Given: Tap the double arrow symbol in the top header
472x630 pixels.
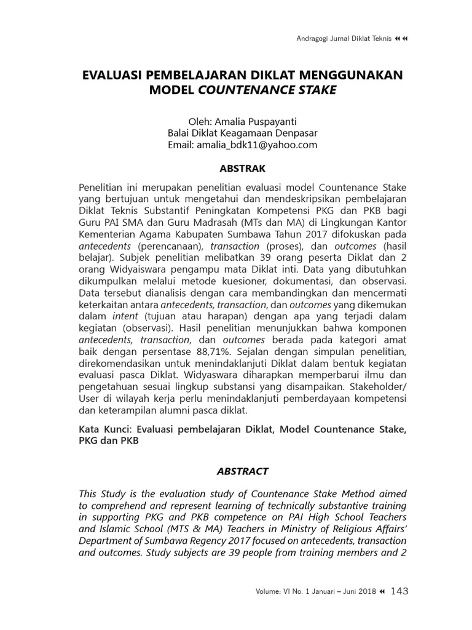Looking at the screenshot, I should pyautogui.click(x=404, y=39).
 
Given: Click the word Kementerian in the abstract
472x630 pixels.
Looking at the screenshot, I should pyautogui.click(x=108, y=235).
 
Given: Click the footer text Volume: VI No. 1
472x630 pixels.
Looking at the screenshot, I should pyautogui.click(x=284, y=592).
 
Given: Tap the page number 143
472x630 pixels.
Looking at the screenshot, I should pyautogui.click(x=399, y=591).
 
